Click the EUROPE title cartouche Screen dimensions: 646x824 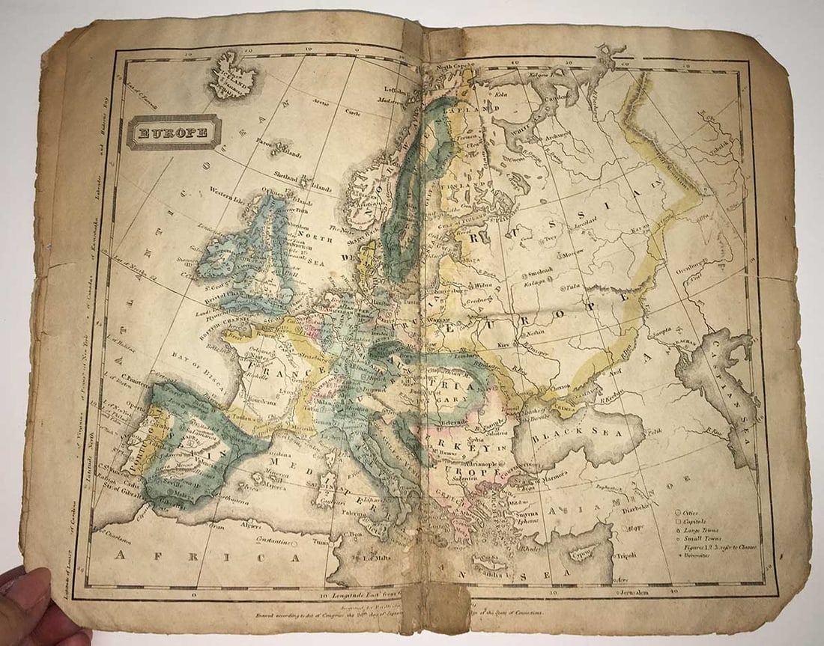coord(173,132)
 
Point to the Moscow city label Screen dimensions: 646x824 coord(572,253)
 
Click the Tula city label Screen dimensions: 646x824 coord(575,285)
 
